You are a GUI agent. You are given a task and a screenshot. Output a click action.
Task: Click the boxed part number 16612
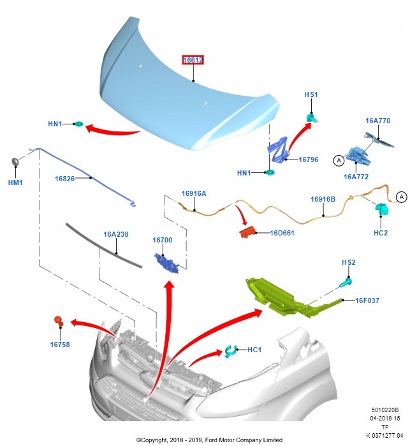[193, 60]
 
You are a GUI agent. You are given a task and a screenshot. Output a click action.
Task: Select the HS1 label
[311, 94]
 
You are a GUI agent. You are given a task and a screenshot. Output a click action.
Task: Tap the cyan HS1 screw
[312, 117]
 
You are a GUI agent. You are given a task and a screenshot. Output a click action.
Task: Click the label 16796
[309, 160]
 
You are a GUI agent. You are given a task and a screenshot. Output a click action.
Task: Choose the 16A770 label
[377, 121]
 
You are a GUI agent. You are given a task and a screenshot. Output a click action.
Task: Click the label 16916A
[194, 193]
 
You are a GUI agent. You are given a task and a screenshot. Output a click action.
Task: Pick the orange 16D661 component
[247, 232]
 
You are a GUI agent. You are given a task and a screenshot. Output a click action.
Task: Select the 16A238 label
[116, 234]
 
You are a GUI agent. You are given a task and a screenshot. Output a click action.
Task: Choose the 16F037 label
[368, 300]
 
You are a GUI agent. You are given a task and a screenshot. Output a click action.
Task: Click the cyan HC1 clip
[230, 350]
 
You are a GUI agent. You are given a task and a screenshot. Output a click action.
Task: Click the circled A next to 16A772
[337, 161]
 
